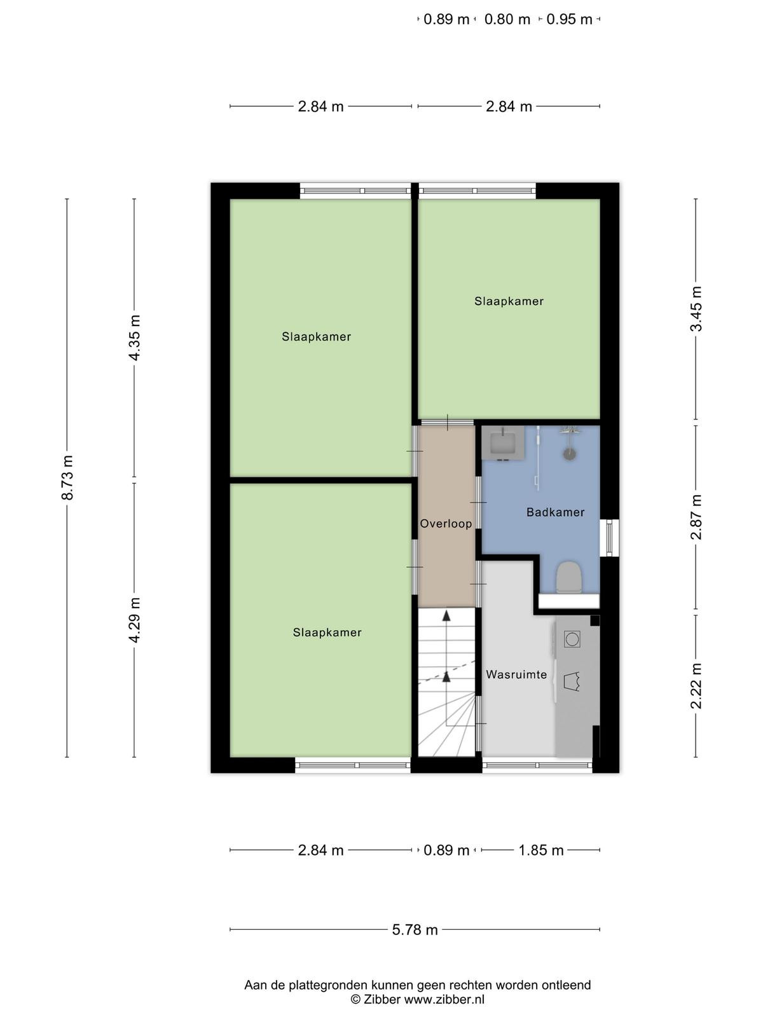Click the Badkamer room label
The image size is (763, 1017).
tap(555, 512)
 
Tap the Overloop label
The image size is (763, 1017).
tap(446, 524)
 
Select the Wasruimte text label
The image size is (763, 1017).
tap(516, 674)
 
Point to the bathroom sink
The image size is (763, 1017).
tap(503, 443)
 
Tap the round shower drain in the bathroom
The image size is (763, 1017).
tap(569, 454)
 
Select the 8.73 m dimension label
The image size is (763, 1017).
tap(67, 477)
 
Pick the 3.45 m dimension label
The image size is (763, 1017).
tap(696, 308)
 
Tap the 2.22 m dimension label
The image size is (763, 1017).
tap(696, 686)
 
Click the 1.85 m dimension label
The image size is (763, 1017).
tap(540, 850)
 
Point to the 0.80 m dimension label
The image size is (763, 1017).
tap(507, 20)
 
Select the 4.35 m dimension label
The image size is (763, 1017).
tap(135, 338)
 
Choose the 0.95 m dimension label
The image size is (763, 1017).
tap(569, 20)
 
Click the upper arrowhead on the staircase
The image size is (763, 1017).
tap(446, 616)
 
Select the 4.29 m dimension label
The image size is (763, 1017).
tap(135, 620)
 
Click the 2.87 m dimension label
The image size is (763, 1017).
tap(696, 517)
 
